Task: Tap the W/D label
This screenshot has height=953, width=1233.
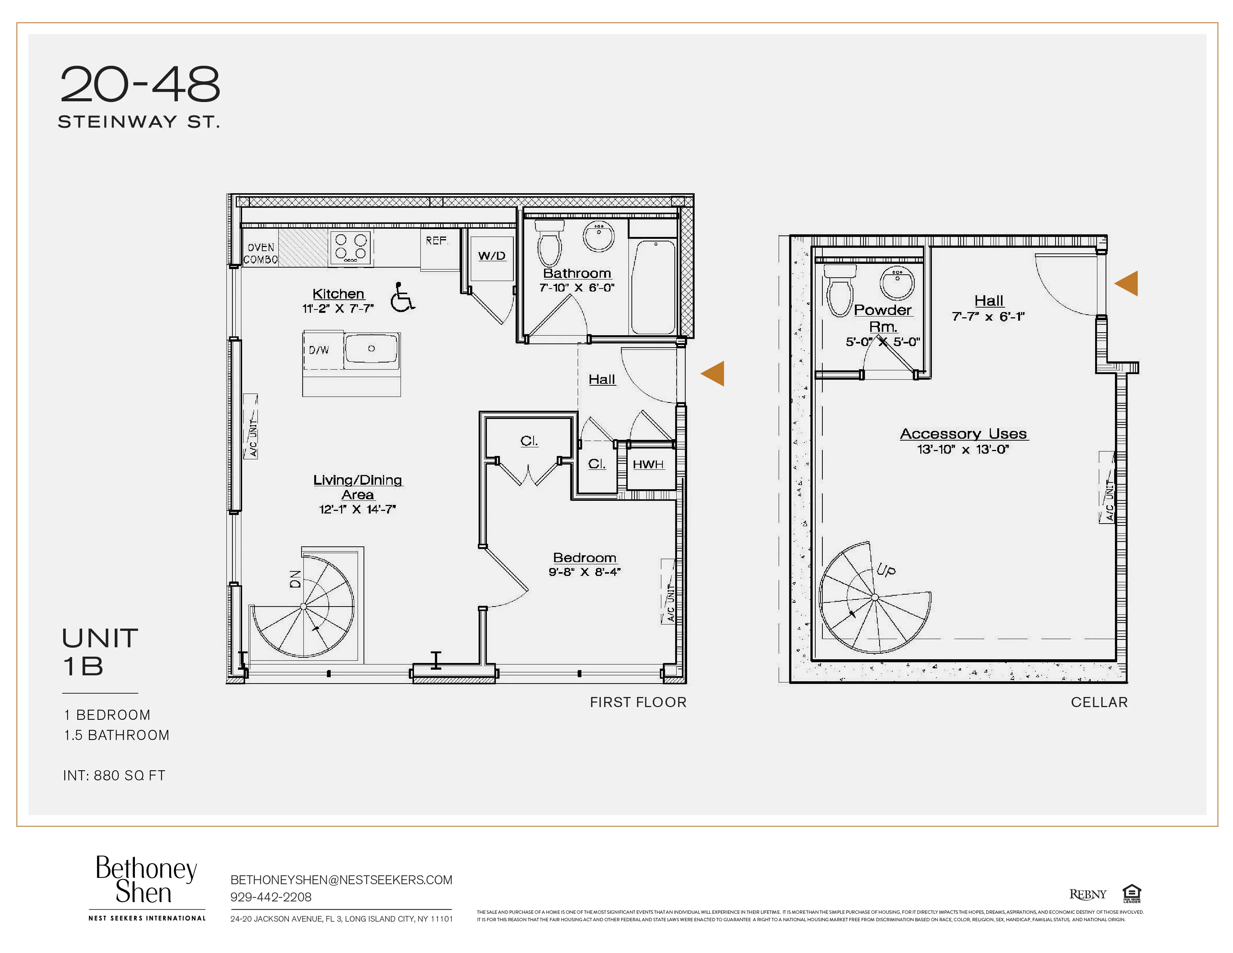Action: (492, 256)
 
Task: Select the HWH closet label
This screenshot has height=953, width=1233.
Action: (648, 464)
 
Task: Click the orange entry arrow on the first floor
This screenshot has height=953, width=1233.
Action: (713, 374)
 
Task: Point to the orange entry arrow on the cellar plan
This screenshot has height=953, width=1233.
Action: (1126, 283)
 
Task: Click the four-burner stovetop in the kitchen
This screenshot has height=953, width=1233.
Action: (350, 248)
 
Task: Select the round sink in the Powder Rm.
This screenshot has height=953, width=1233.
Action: (897, 283)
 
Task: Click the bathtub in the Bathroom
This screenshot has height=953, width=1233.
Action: (653, 287)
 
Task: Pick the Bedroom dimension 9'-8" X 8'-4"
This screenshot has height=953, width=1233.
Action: (584, 572)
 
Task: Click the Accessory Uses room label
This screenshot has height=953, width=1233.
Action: (964, 434)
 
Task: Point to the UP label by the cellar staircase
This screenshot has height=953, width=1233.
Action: (886, 570)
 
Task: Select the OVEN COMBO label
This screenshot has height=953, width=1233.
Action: (261, 253)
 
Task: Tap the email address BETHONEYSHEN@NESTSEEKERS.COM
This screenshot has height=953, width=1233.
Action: (341, 880)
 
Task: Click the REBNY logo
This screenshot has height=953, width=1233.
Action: (1087, 894)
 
